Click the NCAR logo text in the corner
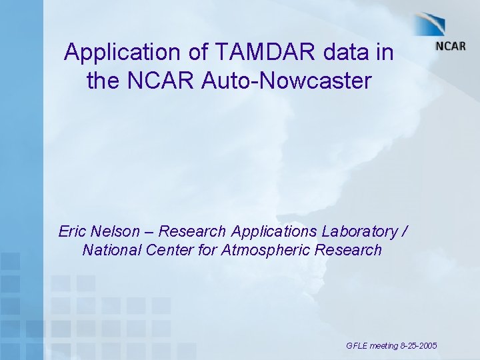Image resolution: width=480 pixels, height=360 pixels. [x=450, y=46]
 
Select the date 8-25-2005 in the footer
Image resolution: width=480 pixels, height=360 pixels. [x=419, y=346]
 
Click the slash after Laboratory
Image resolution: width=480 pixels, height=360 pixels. [x=405, y=232]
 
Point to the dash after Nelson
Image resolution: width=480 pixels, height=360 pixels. [x=149, y=233]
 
